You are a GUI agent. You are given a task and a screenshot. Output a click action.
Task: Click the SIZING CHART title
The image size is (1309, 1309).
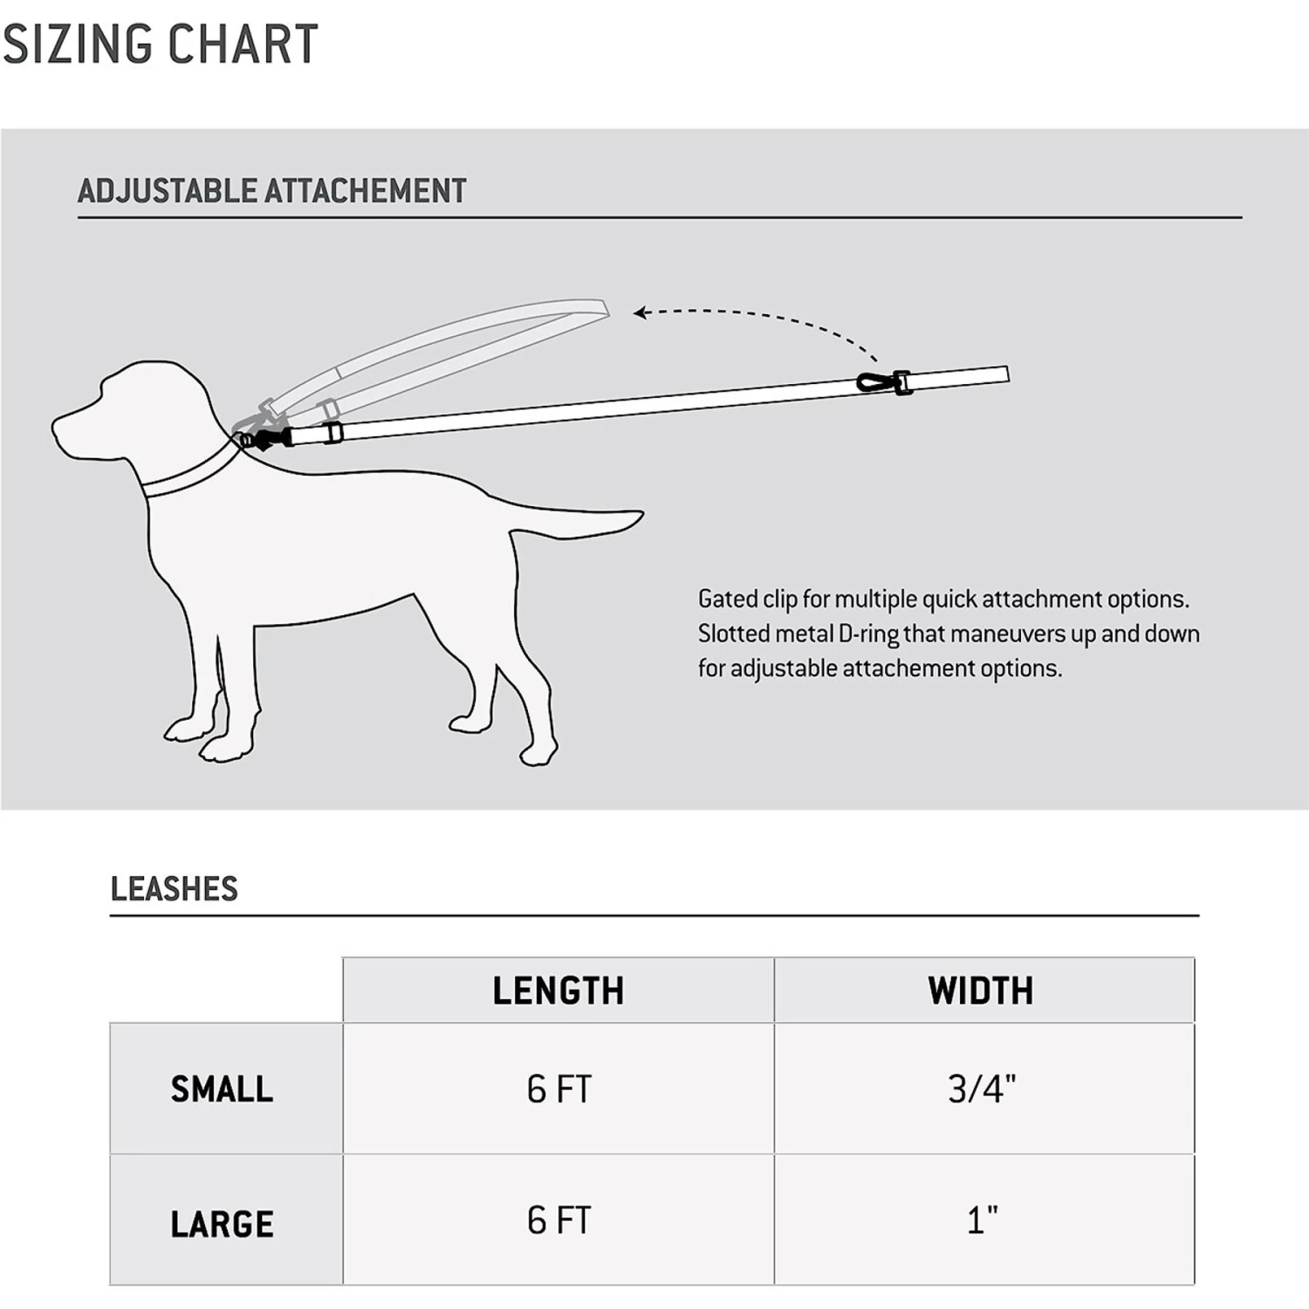pyautogui.click(x=161, y=45)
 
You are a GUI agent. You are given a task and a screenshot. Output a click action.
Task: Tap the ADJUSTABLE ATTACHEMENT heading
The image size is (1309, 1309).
pyautogui.click(x=271, y=191)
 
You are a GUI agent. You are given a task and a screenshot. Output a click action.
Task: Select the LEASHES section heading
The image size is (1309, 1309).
pyautogui.click(x=174, y=888)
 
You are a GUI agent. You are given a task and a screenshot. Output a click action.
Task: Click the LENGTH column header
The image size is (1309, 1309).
pyautogui.click(x=559, y=990)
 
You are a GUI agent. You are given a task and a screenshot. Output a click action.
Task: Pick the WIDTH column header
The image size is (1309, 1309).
pyautogui.click(x=981, y=990)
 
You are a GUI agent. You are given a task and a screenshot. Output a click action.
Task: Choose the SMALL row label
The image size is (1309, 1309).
pyautogui.click(x=222, y=1089)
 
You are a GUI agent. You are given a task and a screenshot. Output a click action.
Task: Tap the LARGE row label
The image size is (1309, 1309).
pyautogui.click(x=222, y=1223)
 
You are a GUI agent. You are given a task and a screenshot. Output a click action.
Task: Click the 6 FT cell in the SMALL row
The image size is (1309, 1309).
pyautogui.click(x=559, y=1089)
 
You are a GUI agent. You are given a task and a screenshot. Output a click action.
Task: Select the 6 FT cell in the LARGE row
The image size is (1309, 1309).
pyautogui.click(x=559, y=1220)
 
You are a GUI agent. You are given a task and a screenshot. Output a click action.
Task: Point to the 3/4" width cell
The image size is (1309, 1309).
pyautogui.click(x=982, y=1089)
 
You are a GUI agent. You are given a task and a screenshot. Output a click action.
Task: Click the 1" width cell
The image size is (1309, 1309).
pyautogui.click(x=982, y=1220)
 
